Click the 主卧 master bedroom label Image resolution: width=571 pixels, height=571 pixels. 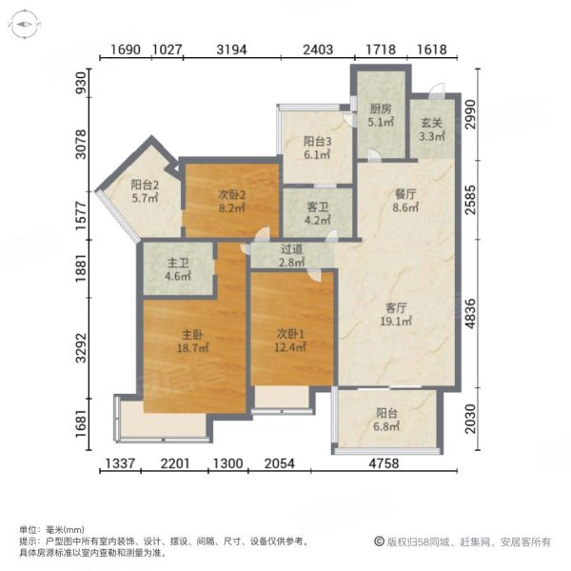192,335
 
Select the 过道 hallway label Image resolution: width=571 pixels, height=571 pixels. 291,249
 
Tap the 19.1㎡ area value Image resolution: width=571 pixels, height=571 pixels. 397,322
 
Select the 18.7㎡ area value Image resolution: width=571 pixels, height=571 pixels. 192,349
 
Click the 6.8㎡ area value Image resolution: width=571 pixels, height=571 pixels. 386,426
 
